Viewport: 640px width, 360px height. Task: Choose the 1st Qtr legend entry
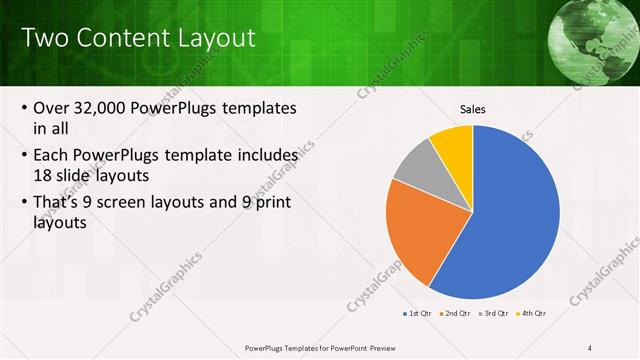(x=417, y=314)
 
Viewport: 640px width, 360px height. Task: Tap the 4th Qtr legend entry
(x=534, y=314)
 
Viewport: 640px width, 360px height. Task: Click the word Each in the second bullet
(x=53, y=156)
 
